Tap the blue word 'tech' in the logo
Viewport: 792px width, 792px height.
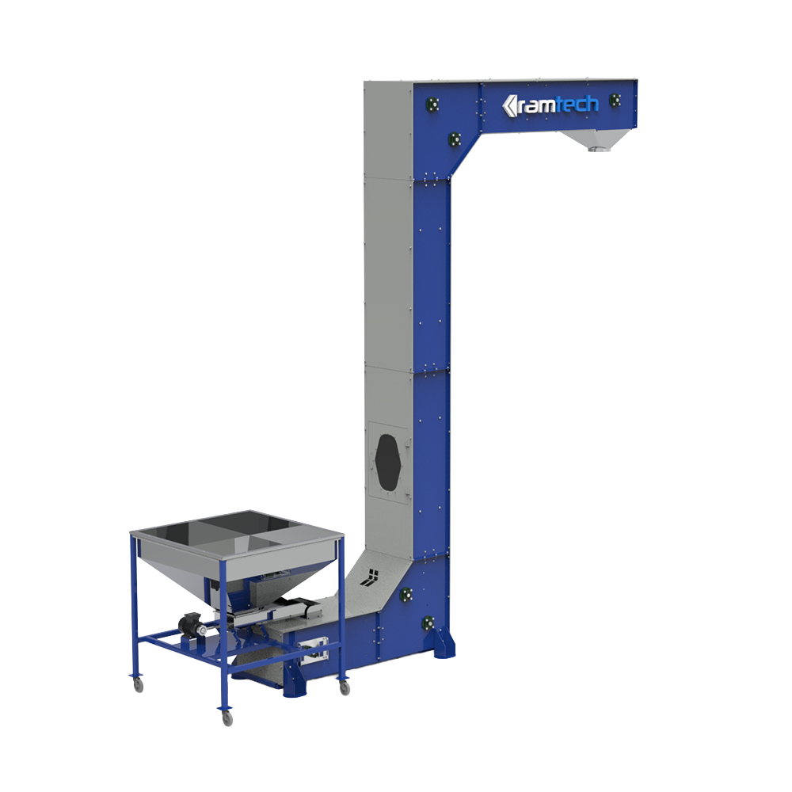click(578, 104)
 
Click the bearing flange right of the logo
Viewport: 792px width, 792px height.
click(615, 100)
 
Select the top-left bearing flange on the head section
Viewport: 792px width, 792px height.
click(432, 105)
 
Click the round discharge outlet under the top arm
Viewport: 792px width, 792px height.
click(596, 149)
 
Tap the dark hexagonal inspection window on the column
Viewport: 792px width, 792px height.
click(388, 462)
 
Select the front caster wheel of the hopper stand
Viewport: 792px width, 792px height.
click(227, 718)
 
